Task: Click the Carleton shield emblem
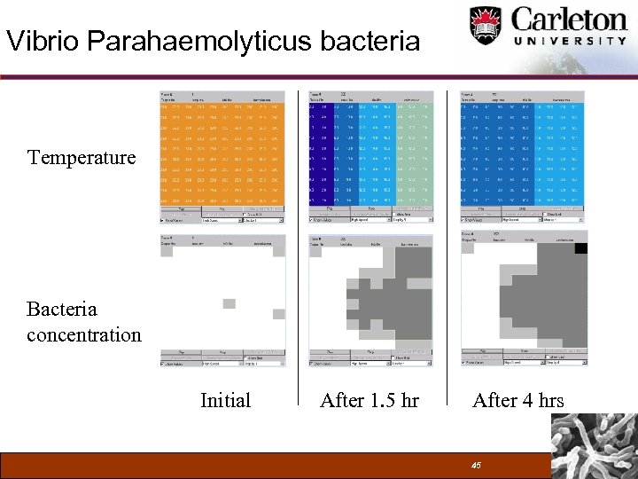[x=485, y=24]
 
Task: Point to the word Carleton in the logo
[x=568, y=19]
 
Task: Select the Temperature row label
[x=82, y=158]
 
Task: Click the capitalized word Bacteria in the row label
[x=62, y=310]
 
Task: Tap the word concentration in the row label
[x=84, y=335]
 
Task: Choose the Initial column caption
[x=225, y=401]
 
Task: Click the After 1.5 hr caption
[x=370, y=401]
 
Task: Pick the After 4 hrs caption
[x=518, y=401]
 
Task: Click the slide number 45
[x=476, y=466]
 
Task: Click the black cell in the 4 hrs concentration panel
[x=580, y=248]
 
